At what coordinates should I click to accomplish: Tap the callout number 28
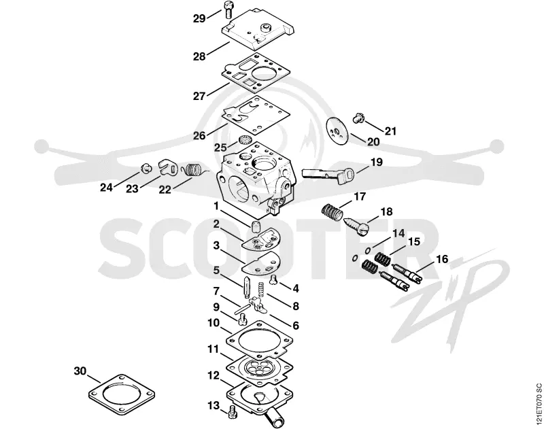click(199, 56)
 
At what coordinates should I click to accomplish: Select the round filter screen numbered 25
click(244, 141)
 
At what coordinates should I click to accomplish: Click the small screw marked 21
click(358, 118)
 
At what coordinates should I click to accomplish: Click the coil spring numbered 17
click(331, 211)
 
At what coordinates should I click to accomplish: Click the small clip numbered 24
click(147, 168)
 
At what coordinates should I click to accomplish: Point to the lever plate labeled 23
click(168, 167)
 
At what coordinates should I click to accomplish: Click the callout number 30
click(80, 371)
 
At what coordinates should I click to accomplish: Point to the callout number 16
click(442, 259)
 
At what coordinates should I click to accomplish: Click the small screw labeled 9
click(242, 318)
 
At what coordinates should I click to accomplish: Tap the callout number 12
click(214, 375)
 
